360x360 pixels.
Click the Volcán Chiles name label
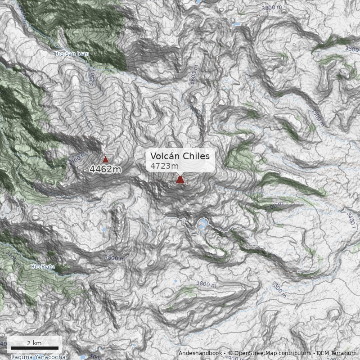tap(180, 156)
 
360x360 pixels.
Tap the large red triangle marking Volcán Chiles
tap(180, 180)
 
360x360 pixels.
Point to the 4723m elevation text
tap(164, 166)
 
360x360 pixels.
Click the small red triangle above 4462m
tap(105, 159)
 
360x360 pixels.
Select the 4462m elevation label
tap(105, 170)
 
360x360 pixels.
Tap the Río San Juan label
tap(72, 54)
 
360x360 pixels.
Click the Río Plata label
tap(43, 267)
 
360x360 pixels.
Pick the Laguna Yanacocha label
tap(38, 357)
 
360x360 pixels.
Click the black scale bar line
tap(35, 348)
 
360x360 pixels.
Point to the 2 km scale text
tap(34, 343)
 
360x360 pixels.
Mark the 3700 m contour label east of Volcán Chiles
tap(274, 207)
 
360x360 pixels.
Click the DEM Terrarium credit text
tap(337, 353)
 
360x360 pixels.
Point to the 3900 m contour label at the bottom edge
tap(234, 358)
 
